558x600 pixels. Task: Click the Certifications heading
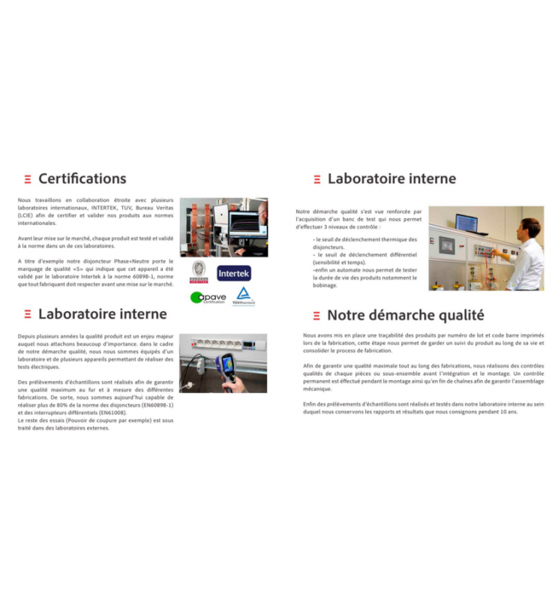tap(82, 178)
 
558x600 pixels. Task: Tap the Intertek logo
tap(234, 273)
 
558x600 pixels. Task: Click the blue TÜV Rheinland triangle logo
tap(243, 295)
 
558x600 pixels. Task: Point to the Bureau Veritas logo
tap(199, 271)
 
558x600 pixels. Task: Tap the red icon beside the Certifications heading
tap(28, 179)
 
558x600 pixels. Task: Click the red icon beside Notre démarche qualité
tap(316, 316)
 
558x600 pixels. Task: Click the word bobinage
tap(325, 285)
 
